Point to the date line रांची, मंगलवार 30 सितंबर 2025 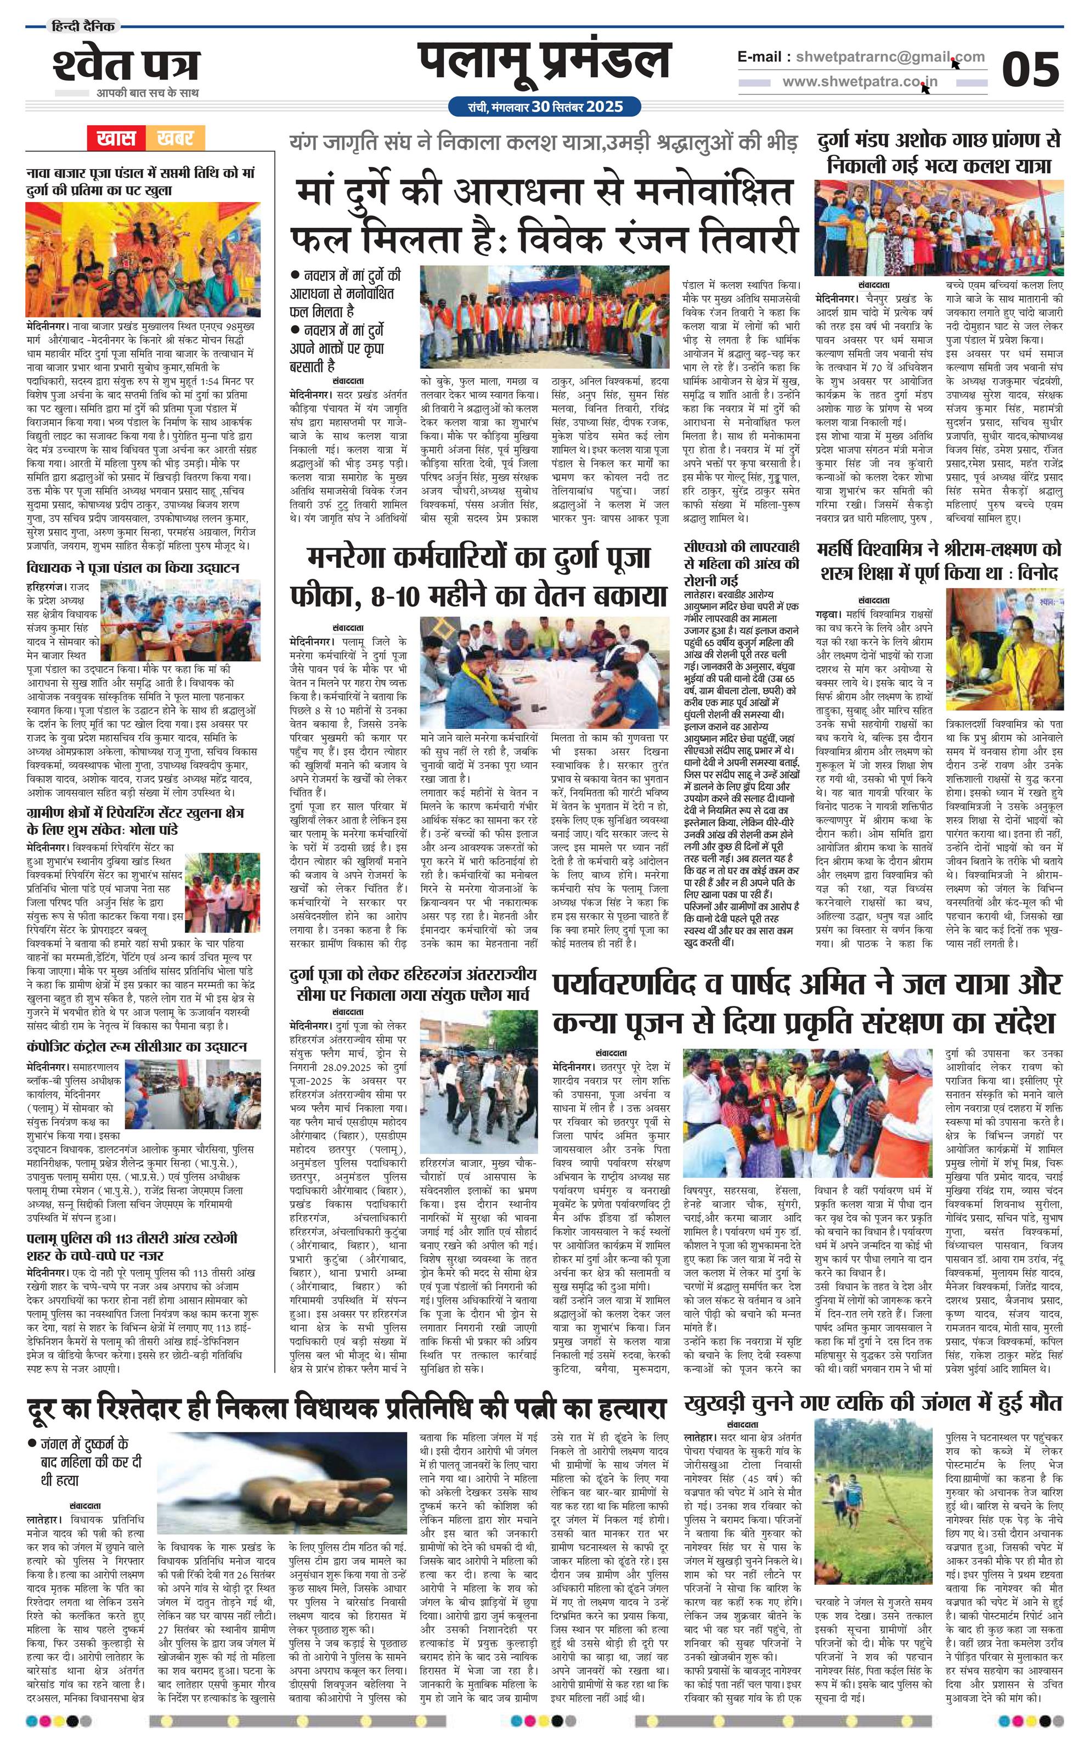click(x=544, y=106)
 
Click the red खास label click(x=115, y=138)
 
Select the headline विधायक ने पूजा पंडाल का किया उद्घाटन click(x=133, y=567)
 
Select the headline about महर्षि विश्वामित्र click(x=939, y=560)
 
